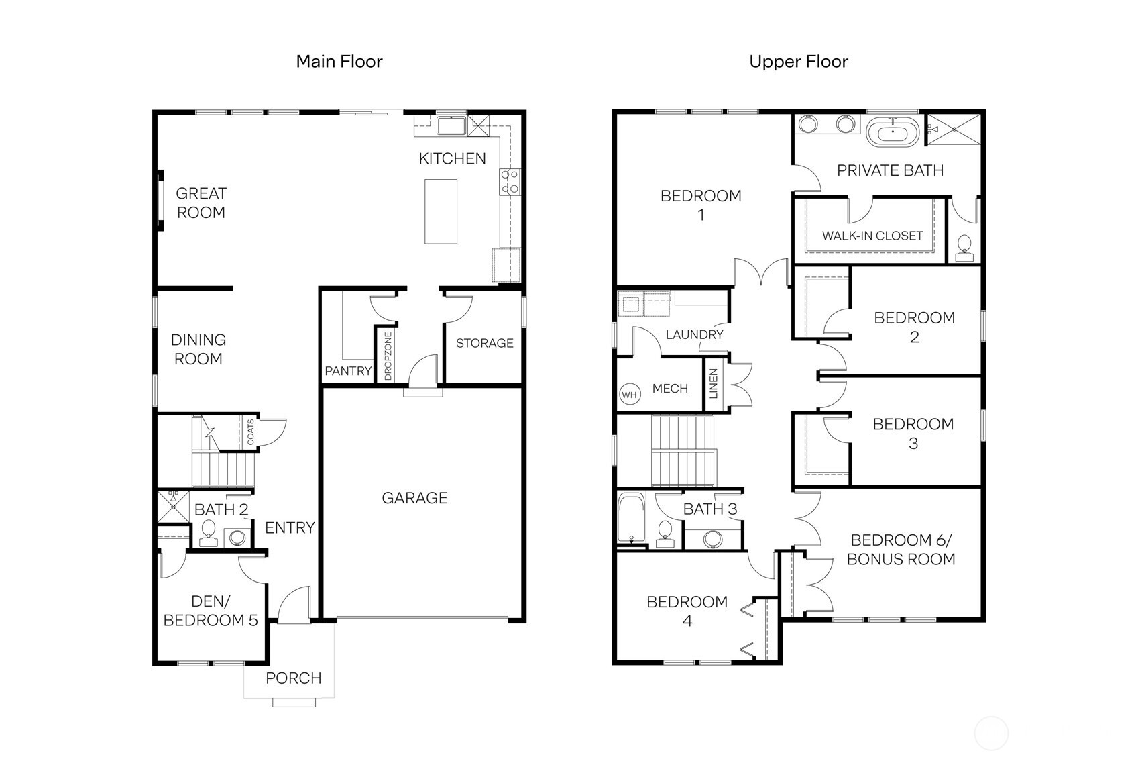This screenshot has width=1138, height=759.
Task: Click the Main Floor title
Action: pyautogui.click(x=339, y=62)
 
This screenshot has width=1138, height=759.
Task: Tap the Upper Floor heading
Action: pyautogui.click(x=798, y=62)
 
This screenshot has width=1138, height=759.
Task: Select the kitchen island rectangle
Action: pyautogui.click(x=441, y=211)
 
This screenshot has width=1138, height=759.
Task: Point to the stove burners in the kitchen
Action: pyautogui.click(x=510, y=182)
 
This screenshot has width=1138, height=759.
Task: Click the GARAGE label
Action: pyautogui.click(x=414, y=498)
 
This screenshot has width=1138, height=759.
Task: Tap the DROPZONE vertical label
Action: pyautogui.click(x=388, y=356)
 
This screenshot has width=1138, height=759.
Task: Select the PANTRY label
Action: pyautogui.click(x=347, y=371)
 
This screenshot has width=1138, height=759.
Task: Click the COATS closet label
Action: pyautogui.click(x=251, y=432)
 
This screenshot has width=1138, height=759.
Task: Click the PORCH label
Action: pyautogui.click(x=293, y=678)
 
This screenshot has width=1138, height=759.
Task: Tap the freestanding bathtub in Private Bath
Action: pyautogui.click(x=893, y=132)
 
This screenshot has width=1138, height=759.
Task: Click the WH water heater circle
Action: pyautogui.click(x=629, y=395)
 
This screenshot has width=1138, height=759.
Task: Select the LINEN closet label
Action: pyautogui.click(x=714, y=383)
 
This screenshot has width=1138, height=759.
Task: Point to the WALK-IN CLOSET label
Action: pyautogui.click(x=872, y=236)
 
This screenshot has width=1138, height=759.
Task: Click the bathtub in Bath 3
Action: pyautogui.click(x=630, y=519)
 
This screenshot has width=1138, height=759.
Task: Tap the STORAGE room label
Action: pyautogui.click(x=484, y=343)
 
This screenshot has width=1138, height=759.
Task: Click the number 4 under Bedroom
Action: pyautogui.click(x=687, y=621)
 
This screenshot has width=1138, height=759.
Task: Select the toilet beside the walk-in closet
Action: pyautogui.click(x=964, y=246)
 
